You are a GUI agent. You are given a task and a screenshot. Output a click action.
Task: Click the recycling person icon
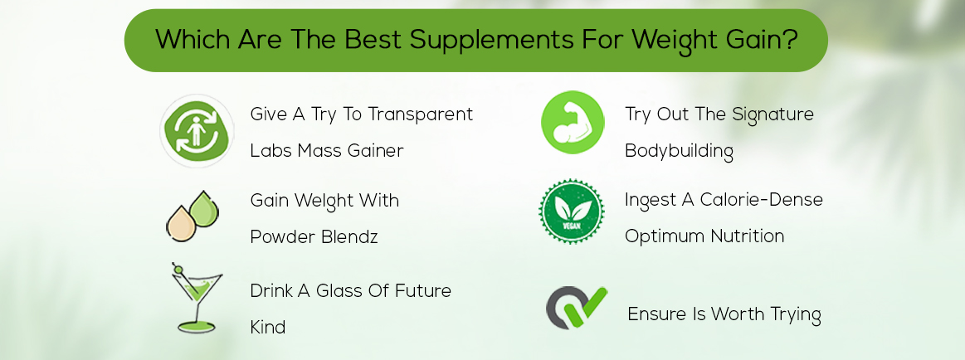click(x=197, y=131)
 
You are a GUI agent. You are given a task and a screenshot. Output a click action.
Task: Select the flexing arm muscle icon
click(x=573, y=122)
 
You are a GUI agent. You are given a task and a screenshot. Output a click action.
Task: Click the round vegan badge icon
click(x=571, y=212)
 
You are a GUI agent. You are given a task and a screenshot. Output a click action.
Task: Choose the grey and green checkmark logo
click(x=576, y=309)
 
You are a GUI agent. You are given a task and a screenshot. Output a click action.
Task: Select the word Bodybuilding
click(x=679, y=152)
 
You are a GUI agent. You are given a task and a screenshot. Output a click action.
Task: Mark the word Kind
click(x=267, y=328)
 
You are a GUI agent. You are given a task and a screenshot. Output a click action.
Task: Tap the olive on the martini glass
click(x=177, y=268)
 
